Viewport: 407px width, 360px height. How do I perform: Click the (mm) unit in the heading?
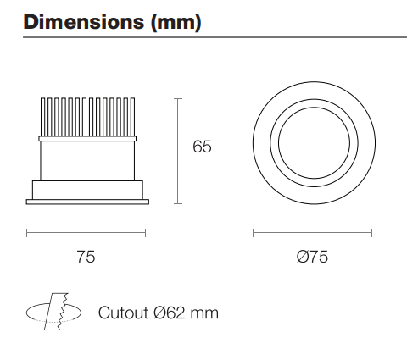[174, 23]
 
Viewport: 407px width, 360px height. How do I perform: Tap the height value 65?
[202, 147]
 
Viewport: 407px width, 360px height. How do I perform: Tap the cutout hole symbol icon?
[55, 313]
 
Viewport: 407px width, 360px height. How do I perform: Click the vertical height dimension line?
[177, 151]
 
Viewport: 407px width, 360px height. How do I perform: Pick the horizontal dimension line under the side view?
[86, 231]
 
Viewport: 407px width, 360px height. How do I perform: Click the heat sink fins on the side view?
[86, 116]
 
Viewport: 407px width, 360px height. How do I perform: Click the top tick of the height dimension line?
[177, 98]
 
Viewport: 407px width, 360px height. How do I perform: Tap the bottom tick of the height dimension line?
[177, 204]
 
